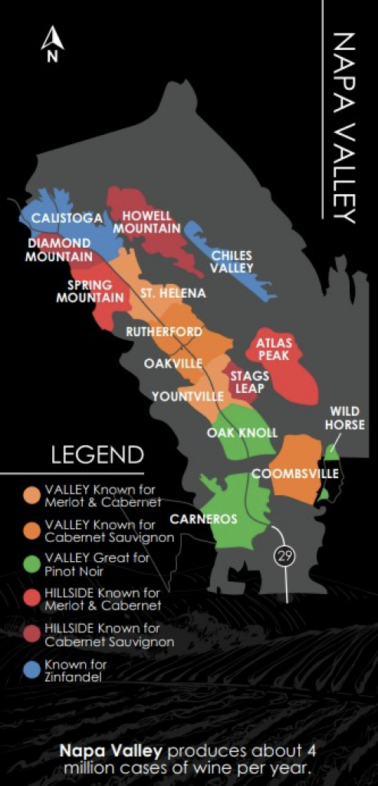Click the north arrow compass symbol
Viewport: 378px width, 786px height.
(52, 45)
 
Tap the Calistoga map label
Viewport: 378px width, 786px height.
(67, 219)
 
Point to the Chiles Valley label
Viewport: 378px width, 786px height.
(232, 262)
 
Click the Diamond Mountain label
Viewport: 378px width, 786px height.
(59, 250)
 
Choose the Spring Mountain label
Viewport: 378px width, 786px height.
(90, 291)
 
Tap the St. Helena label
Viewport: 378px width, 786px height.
(173, 293)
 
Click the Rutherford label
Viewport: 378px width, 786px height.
(164, 332)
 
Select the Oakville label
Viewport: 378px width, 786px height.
(173, 363)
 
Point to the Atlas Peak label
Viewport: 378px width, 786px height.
(274, 349)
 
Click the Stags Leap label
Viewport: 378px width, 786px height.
(250, 381)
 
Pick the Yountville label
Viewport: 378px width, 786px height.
(188, 396)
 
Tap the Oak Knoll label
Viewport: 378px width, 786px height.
(242, 433)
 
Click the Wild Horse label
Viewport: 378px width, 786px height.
(347, 418)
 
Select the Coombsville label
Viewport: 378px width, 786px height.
(295, 474)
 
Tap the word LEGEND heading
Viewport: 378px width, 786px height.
(97, 454)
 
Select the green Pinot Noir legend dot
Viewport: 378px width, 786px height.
(31, 564)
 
